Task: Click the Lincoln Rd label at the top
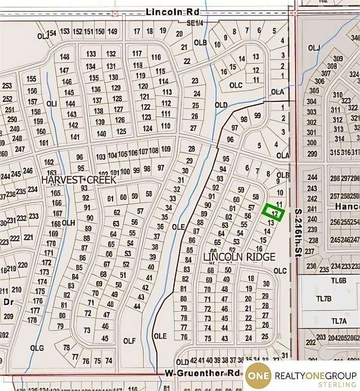click(x=164, y=11)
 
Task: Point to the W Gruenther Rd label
click(x=202, y=373)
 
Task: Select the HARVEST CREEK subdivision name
click(x=79, y=180)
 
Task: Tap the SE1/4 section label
click(x=194, y=23)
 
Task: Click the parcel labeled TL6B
click(x=339, y=281)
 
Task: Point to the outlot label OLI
click(x=51, y=103)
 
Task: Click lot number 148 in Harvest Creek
click(x=65, y=57)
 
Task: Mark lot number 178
click(x=32, y=320)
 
